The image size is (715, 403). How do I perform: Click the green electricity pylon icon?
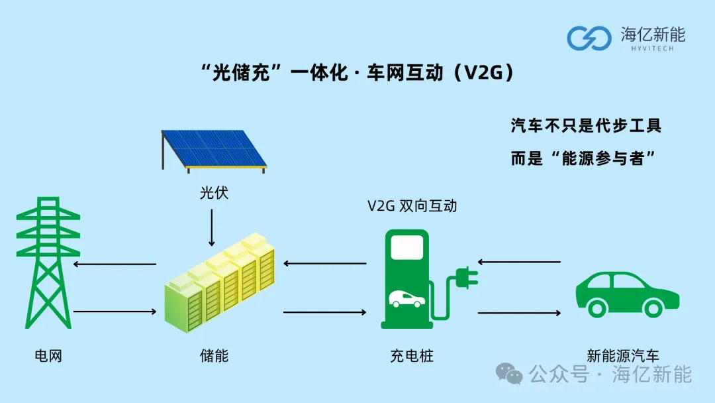pyautogui.click(x=48, y=262)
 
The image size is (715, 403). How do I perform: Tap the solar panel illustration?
pyautogui.click(x=214, y=151)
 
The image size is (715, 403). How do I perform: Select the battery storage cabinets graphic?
pyautogui.click(x=220, y=282)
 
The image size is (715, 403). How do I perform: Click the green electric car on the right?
pyautogui.click(x=628, y=294)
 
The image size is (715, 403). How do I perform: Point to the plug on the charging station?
pyautogui.click(x=467, y=278)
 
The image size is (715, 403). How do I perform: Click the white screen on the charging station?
pyautogui.click(x=406, y=248)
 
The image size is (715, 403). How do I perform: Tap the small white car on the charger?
pyautogui.click(x=406, y=300)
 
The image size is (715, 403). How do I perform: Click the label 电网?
pyautogui.click(x=48, y=355)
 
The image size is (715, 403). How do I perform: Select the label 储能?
pyautogui.click(x=214, y=355)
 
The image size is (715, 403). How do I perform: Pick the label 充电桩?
pyautogui.click(x=412, y=355)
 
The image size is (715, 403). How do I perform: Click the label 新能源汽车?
pyautogui.click(x=623, y=355)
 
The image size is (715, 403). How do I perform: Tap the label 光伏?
pyautogui.click(x=214, y=193)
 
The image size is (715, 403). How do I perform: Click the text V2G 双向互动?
pyautogui.click(x=412, y=206)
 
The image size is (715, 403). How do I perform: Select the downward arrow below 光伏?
pyautogui.click(x=212, y=228)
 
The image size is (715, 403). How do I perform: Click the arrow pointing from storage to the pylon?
pyautogui.click(x=115, y=264)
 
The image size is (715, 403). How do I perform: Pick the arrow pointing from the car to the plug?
pyautogui.click(x=519, y=262)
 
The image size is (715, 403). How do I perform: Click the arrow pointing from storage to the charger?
pyautogui.click(x=324, y=312)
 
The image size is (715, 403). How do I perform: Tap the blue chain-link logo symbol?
pyautogui.click(x=589, y=38)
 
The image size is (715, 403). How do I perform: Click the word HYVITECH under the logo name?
pyautogui.click(x=653, y=48)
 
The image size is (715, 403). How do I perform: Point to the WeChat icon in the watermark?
pyautogui.click(x=509, y=374)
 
